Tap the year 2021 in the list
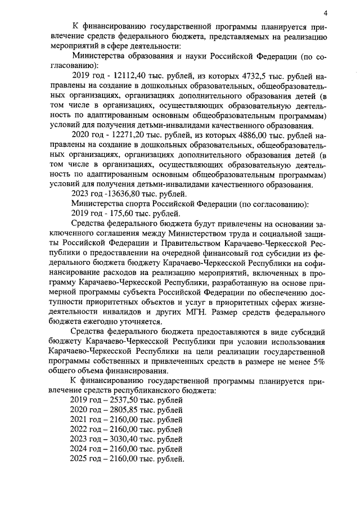pos(81,420)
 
